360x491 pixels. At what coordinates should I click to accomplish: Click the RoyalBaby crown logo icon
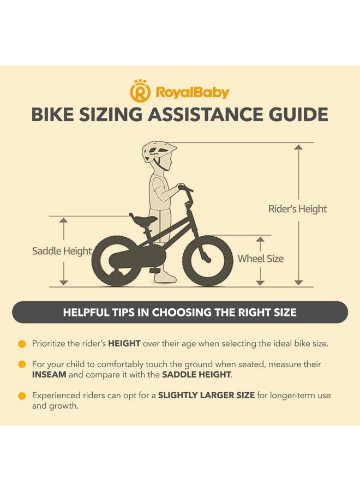(x=140, y=91)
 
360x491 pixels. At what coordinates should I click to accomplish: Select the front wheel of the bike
(x=208, y=261)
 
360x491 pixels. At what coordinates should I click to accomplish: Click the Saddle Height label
(x=62, y=251)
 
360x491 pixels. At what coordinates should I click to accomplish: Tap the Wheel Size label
(x=260, y=259)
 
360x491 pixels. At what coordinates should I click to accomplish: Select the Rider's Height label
(x=297, y=209)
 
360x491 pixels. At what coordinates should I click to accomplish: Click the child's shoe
(x=166, y=278)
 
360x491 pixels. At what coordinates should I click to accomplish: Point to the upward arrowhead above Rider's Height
(x=299, y=147)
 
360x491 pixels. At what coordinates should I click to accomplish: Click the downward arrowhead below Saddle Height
(x=64, y=283)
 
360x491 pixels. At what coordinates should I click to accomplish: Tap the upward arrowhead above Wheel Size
(x=260, y=239)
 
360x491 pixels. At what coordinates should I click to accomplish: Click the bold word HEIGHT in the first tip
(x=124, y=344)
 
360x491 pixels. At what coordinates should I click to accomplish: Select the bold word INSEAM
(x=49, y=374)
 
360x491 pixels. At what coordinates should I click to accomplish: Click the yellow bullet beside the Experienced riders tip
(x=22, y=396)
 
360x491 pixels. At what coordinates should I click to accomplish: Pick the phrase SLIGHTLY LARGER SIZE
(x=206, y=395)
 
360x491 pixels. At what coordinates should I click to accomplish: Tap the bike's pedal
(x=155, y=270)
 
